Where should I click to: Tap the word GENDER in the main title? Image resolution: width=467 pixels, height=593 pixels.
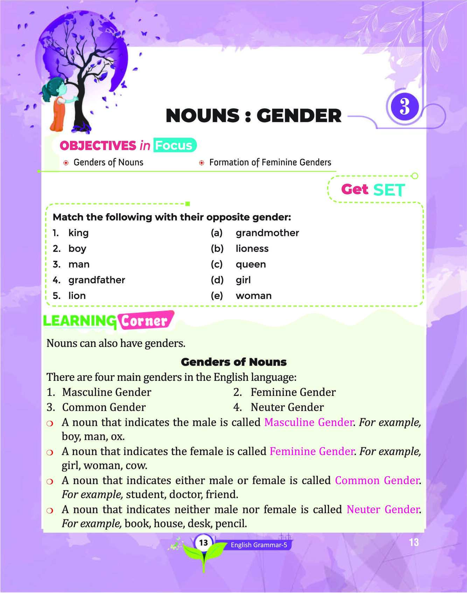[299, 116]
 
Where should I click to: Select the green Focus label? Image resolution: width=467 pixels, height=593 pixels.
[174, 145]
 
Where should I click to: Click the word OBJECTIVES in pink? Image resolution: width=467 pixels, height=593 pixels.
[98, 146]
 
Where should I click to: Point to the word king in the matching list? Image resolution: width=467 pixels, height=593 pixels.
[78, 233]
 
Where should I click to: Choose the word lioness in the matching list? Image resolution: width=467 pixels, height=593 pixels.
[252, 249]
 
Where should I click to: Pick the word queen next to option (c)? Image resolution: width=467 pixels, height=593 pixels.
[251, 264]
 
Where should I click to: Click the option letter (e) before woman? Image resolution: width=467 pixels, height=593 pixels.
[217, 296]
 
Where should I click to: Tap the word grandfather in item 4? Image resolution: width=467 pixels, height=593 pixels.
[97, 280]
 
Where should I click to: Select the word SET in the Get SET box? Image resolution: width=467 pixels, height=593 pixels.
[389, 190]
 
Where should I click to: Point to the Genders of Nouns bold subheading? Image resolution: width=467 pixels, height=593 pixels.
[234, 362]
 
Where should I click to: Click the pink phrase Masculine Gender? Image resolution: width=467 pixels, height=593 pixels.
[308, 422]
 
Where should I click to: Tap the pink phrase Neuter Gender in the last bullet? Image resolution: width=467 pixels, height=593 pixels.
[383, 509]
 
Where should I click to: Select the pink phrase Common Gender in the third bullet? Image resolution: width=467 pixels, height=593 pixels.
[377, 480]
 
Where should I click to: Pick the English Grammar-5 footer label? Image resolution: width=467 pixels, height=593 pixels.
[259, 545]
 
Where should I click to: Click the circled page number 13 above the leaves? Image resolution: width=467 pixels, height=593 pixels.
[203, 543]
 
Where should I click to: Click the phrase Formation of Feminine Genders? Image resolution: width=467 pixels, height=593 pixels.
[270, 162]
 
